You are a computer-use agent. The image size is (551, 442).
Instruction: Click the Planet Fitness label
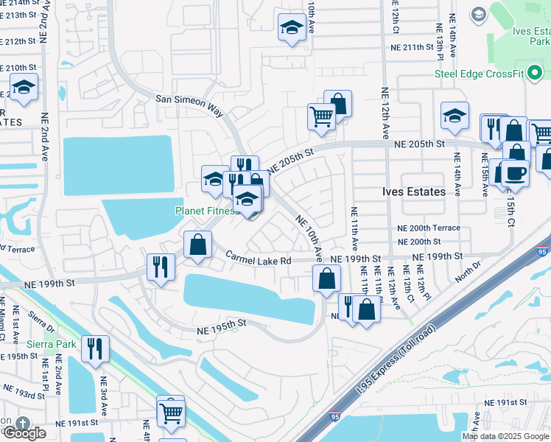[x=206, y=211]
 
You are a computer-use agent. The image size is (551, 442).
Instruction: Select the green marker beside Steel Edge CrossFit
[x=536, y=73]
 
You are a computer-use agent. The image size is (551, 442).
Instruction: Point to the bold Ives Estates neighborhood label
[x=414, y=192]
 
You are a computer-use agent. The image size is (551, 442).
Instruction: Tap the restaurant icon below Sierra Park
[x=95, y=348]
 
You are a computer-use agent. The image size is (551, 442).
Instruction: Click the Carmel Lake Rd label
[x=259, y=259]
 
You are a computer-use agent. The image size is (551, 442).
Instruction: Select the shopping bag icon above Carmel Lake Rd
[x=198, y=245]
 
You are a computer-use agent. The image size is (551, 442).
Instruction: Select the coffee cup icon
[x=515, y=172]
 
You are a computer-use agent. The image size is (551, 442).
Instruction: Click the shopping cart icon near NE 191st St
[x=171, y=413]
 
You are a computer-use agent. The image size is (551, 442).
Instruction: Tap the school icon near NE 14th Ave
[x=455, y=115]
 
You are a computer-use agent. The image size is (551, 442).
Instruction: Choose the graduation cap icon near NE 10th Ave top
[x=292, y=28]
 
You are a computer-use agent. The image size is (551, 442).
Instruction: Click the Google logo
[x=24, y=433]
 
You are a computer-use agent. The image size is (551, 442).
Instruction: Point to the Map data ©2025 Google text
[x=505, y=436]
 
